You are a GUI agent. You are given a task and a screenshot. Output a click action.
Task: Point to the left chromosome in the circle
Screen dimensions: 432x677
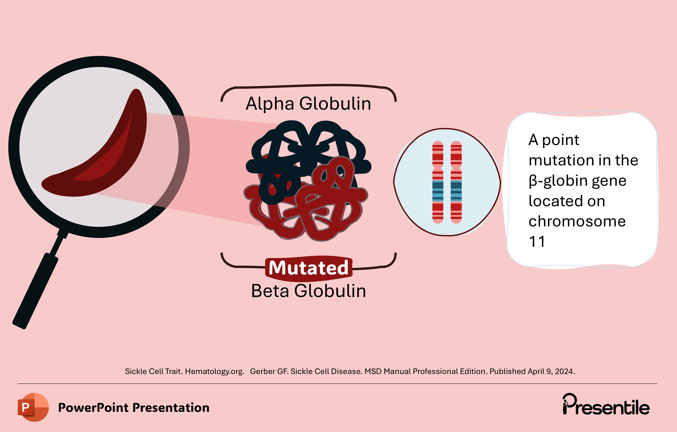[438, 182]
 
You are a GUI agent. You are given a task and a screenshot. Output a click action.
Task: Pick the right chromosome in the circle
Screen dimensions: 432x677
[456, 182]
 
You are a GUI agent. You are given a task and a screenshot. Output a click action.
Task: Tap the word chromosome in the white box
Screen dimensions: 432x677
[577, 221]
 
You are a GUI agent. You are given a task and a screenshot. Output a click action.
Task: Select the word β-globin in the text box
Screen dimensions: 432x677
[558, 181]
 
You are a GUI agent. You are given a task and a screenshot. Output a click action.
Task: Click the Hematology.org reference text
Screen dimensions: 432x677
[214, 372]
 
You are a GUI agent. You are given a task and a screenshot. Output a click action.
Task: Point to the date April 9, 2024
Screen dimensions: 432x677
[551, 372]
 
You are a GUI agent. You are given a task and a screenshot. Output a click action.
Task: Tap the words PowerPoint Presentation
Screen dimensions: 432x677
[134, 407]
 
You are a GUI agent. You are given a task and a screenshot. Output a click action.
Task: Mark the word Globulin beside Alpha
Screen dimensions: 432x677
[335, 104]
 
